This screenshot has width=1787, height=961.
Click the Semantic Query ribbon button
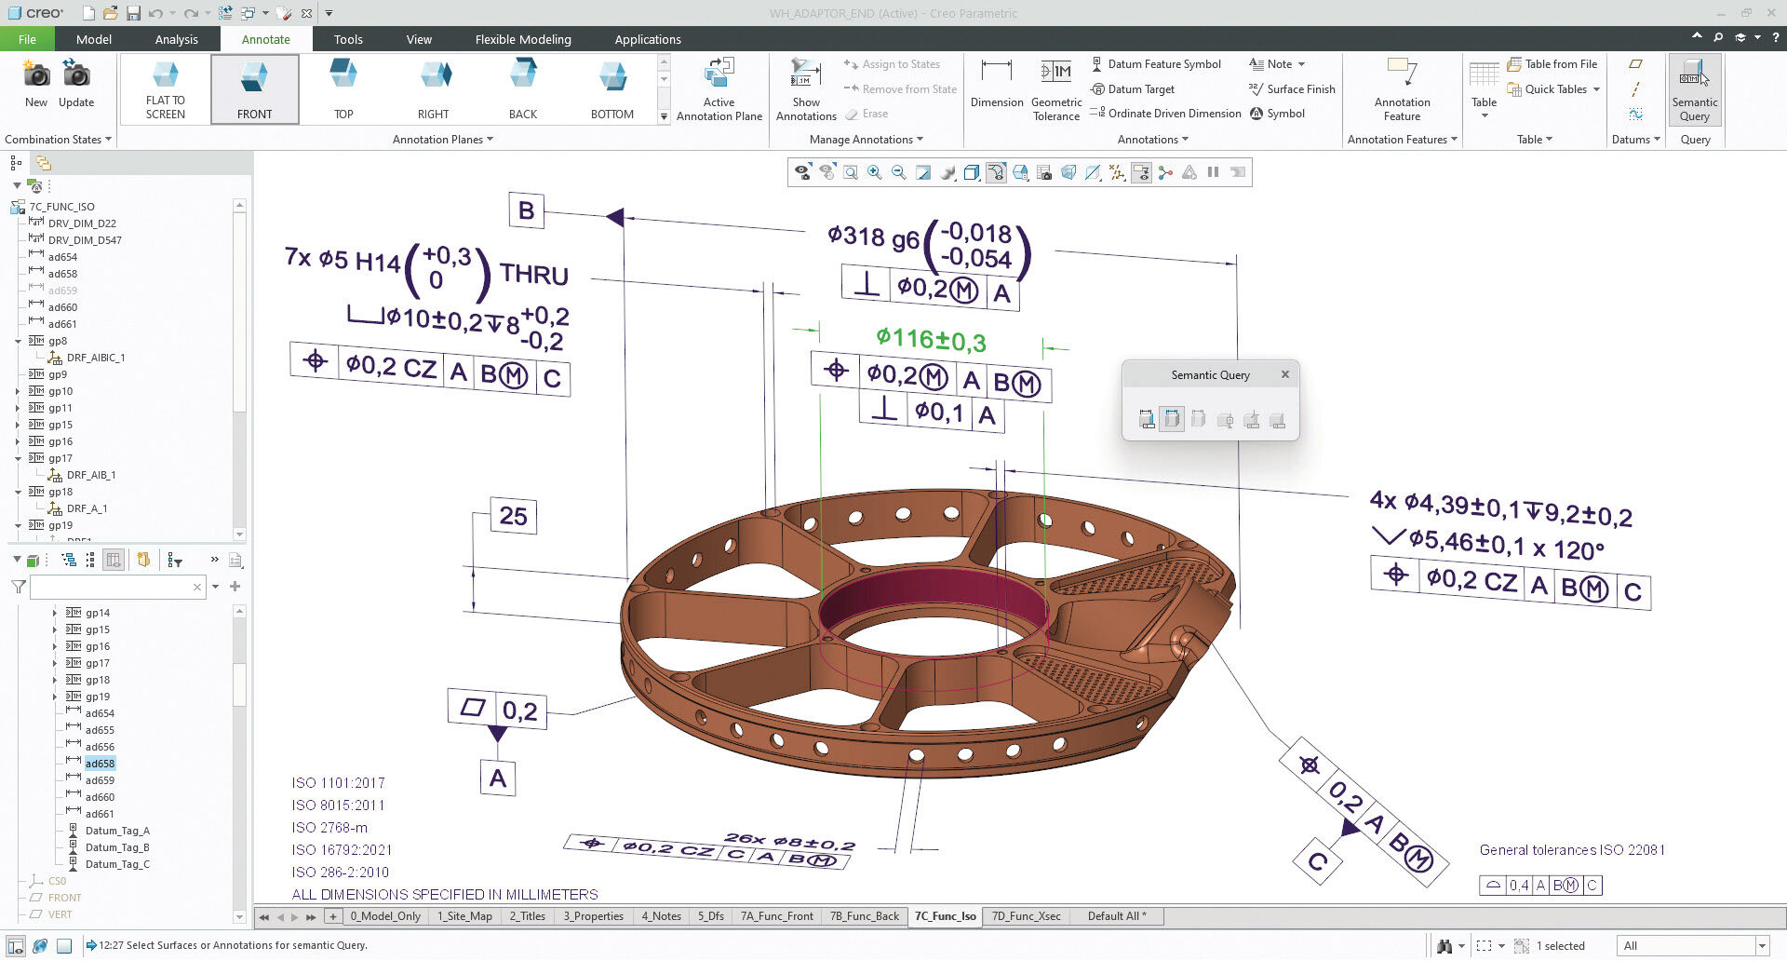pos(1694,89)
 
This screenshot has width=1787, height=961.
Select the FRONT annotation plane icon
pos(254,88)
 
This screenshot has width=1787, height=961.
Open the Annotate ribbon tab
pos(265,39)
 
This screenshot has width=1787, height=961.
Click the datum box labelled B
pos(526,210)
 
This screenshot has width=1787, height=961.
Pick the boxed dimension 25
pos(513,516)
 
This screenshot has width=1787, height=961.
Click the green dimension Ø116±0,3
pos(930,339)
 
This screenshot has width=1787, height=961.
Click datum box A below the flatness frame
pos(498,778)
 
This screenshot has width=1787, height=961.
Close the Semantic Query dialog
pos(1284,374)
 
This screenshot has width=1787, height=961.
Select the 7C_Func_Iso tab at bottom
pos(945,916)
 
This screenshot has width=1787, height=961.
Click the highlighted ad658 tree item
pos(100,764)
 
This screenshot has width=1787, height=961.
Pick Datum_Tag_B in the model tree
pos(117,847)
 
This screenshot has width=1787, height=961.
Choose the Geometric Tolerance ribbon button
pos(1055,89)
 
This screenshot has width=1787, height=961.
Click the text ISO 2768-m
pos(329,827)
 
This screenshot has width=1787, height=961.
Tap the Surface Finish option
pos(1299,89)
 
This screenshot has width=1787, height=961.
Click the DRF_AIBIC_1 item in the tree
pos(95,358)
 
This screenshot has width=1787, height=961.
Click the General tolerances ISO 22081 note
pos(1571,849)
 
